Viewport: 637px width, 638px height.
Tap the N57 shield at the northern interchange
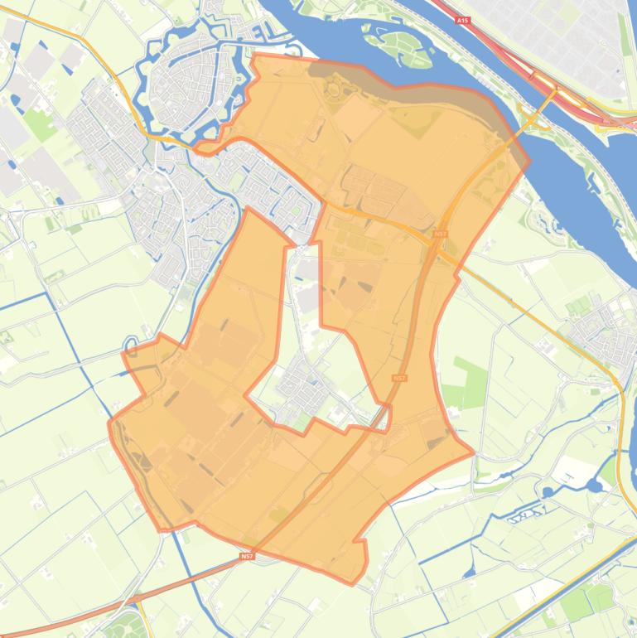[x=440, y=234]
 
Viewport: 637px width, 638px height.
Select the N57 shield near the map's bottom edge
[x=247, y=557]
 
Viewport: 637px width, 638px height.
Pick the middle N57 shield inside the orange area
[x=400, y=378]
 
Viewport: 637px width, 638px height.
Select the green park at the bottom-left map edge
[x=124, y=626]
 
